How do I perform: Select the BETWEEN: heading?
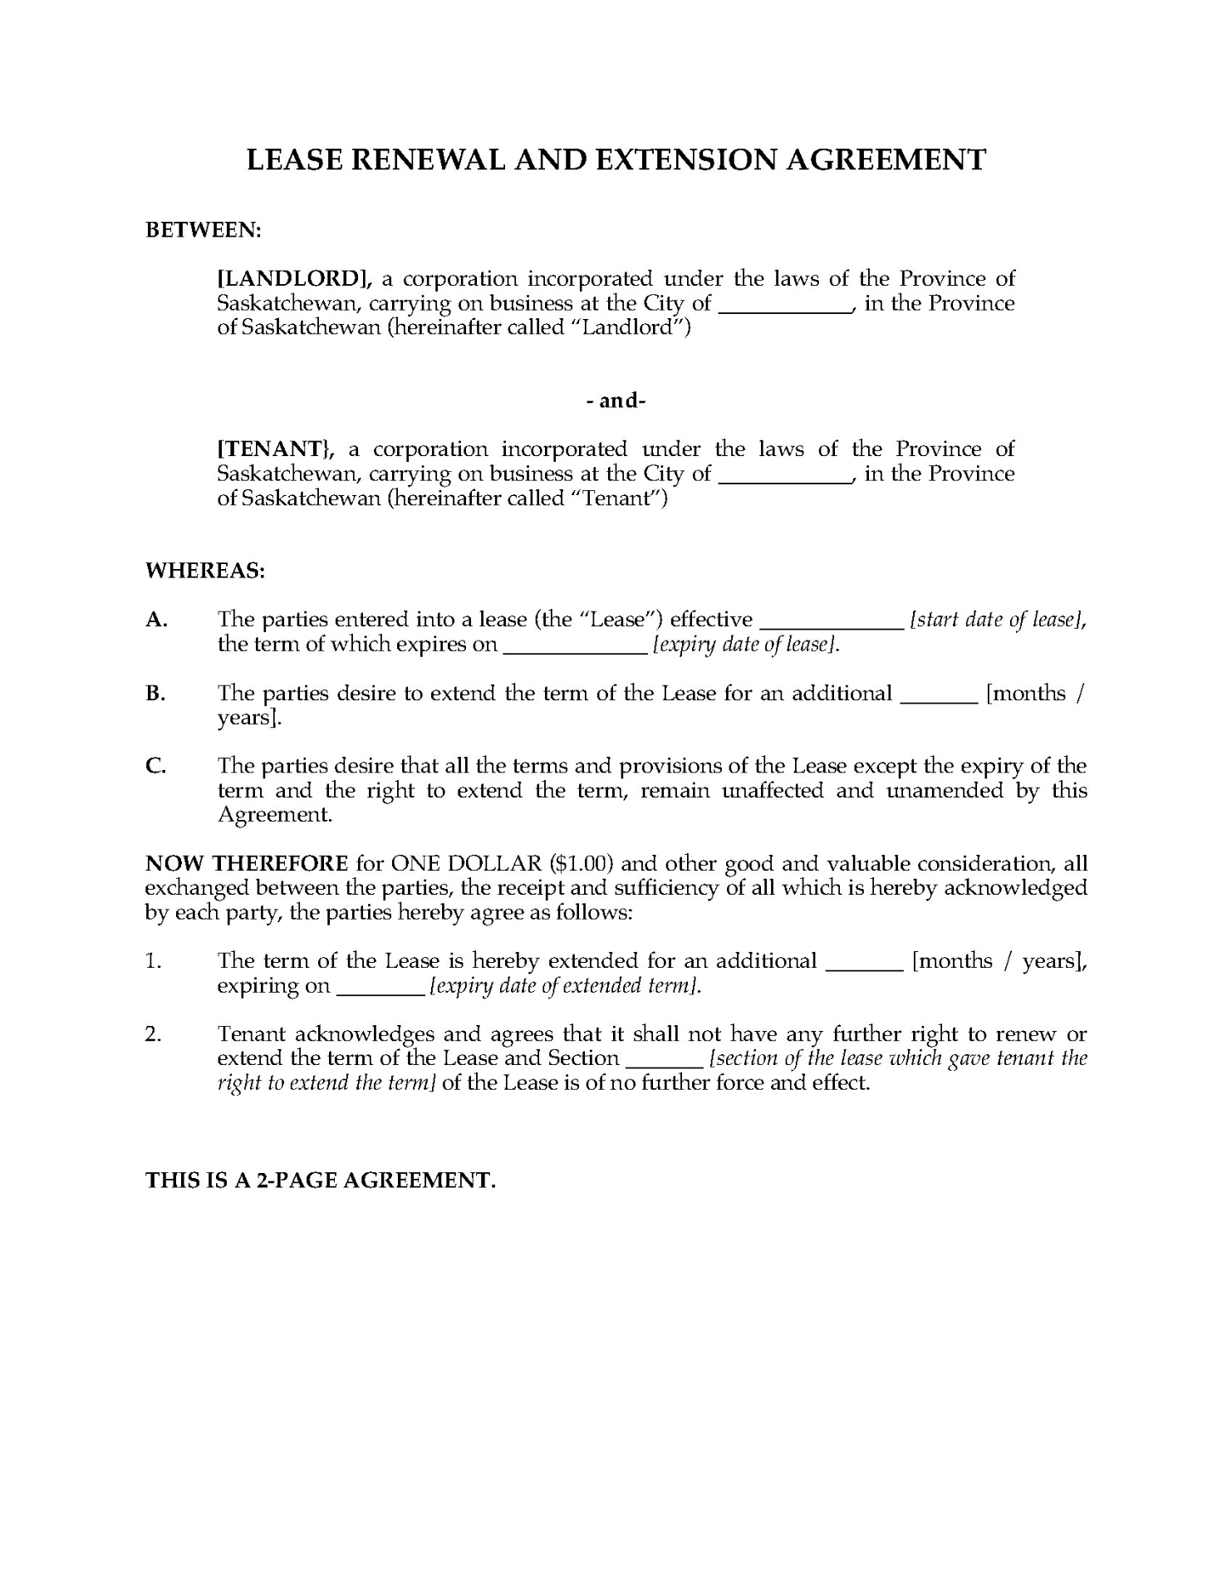tap(204, 230)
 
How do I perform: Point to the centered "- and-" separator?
tap(616, 400)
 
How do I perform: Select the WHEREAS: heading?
tap(205, 571)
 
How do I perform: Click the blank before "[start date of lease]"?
tap(832, 621)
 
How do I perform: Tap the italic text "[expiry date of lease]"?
tap(746, 645)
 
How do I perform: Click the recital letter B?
tap(155, 694)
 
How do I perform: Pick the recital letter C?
tap(155, 766)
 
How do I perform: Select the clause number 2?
tap(152, 1034)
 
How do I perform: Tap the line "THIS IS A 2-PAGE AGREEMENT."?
tap(321, 1180)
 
